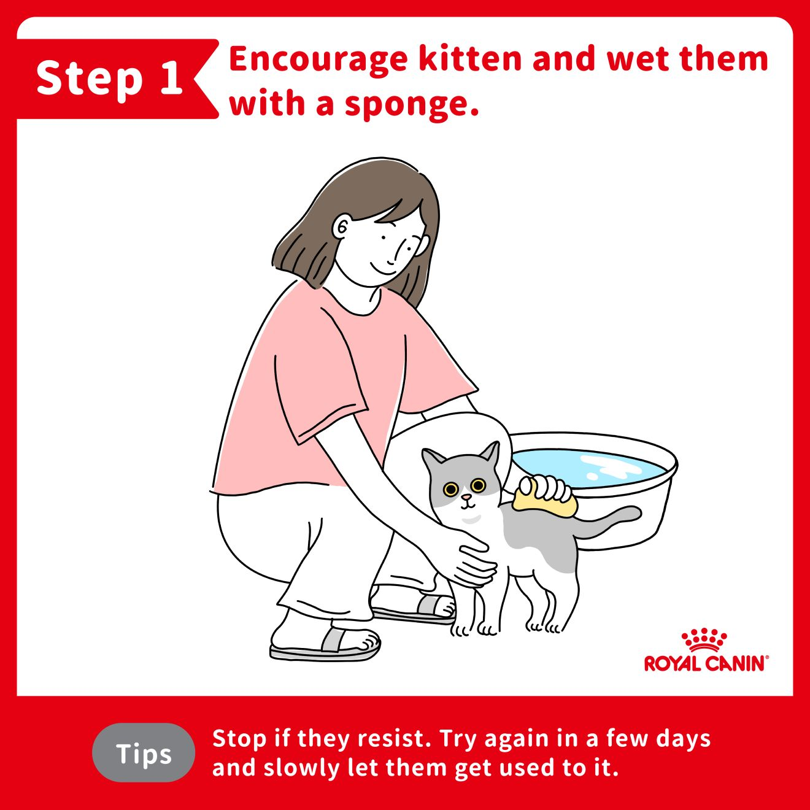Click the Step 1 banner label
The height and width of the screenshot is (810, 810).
110,79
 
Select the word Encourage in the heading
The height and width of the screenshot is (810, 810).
318,60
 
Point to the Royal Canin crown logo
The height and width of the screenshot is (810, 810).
704,640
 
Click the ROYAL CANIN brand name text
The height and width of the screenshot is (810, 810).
706,664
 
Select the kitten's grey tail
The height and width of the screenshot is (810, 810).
605,522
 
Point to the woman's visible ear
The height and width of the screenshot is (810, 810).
342,227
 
